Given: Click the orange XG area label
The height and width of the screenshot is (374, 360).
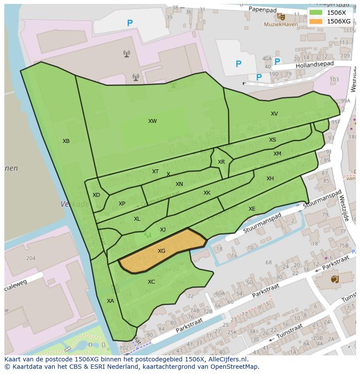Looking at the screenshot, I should (x=161, y=251).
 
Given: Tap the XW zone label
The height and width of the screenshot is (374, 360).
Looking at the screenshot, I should (x=152, y=121).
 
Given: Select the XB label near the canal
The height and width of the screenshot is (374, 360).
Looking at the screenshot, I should (x=66, y=141).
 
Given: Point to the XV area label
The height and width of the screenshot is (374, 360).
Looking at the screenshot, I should (x=274, y=114).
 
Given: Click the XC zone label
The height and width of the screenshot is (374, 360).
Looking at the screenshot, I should (x=151, y=282).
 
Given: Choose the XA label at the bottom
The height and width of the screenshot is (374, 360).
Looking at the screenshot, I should (x=110, y=301).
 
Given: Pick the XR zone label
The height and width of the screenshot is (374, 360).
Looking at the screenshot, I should (x=221, y=162).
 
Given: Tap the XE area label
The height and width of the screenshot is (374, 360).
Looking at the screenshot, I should (x=252, y=209).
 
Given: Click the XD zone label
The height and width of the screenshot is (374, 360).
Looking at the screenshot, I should (x=96, y=195).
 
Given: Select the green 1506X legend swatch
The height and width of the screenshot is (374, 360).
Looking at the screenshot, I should (x=316, y=13).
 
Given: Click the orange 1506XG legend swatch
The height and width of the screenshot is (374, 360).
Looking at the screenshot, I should (x=316, y=21).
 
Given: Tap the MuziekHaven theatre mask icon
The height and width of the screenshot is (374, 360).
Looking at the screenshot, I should (x=281, y=17).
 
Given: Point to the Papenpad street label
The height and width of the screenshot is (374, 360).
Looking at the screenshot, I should (x=263, y=9).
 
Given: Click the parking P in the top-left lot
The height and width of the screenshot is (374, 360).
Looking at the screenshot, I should (x=130, y=23).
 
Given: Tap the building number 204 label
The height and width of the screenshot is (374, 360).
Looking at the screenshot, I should (x=30, y=258).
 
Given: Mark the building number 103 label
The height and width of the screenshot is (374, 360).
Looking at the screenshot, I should (x=334, y=79).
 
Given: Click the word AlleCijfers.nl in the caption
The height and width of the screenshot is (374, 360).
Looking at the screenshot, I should (x=227, y=359).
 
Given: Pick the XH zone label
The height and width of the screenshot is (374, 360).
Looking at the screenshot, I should (x=270, y=179).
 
